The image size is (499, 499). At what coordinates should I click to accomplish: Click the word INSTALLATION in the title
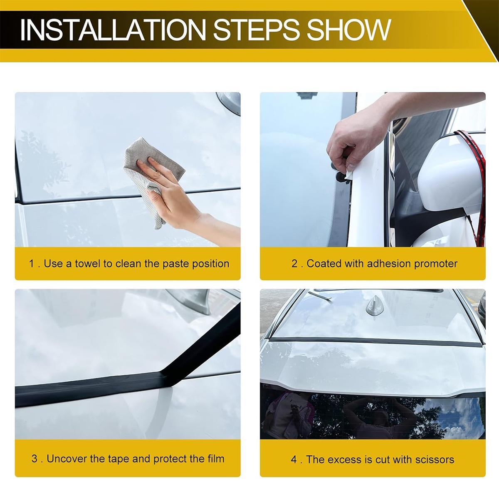[x=113, y=30]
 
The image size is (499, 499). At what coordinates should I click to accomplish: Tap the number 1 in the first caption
[x=32, y=264]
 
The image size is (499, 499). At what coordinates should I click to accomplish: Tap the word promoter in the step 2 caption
[x=435, y=264]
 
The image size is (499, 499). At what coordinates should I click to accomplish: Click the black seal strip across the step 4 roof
[x=374, y=341]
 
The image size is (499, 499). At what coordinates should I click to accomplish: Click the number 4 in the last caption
[x=294, y=459]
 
